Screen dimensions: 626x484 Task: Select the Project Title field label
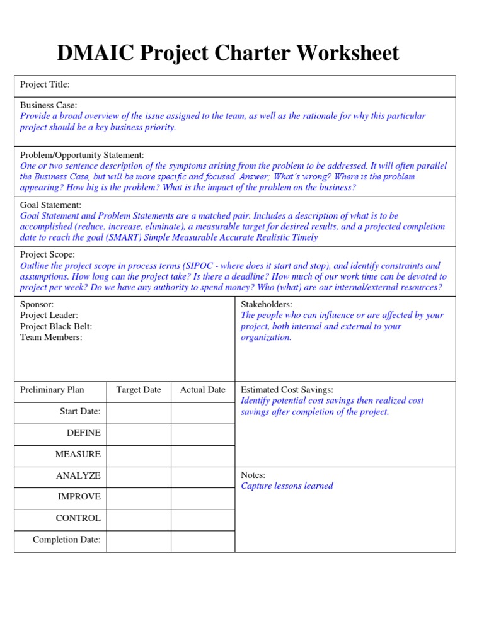click(x=45, y=84)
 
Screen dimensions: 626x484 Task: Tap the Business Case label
click(x=49, y=105)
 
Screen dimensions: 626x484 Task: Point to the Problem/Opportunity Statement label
click(x=82, y=155)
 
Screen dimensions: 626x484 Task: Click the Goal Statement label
click(x=50, y=205)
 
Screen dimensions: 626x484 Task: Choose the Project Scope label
click(x=47, y=254)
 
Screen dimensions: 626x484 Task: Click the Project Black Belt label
click(x=56, y=326)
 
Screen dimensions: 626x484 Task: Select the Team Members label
click(x=50, y=337)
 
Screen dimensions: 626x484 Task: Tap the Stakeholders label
click(x=267, y=304)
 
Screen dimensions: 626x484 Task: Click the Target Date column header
click(x=139, y=390)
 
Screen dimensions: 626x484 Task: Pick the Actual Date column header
click(x=202, y=390)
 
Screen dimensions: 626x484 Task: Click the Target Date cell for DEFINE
click(x=139, y=433)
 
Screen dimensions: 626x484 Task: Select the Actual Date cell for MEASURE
click(x=202, y=454)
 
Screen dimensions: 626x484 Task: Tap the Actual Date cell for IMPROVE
click(x=202, y=497)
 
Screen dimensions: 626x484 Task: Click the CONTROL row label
click(x=78, y=518)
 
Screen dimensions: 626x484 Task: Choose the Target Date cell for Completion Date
click(x=139, y=540)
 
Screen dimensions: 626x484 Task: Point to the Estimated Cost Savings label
click(x=287, y=390)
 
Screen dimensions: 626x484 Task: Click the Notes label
click(x=253, y=475)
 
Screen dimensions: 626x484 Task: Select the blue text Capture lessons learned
click(x=287, y=486)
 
